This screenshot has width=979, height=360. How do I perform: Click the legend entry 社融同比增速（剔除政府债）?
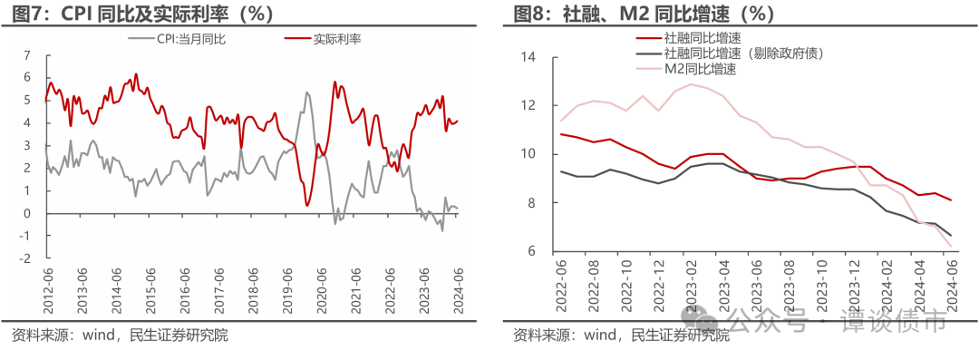pos(743,54)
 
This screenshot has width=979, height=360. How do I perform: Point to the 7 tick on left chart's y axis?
pos(27,55)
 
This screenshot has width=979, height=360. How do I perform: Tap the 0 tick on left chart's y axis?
pos(27,213)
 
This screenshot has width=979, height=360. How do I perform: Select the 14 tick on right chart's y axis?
pos(529,58)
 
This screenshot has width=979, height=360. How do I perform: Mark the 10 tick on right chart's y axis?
pos(529,154)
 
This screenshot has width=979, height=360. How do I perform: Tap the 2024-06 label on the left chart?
pos(459,288)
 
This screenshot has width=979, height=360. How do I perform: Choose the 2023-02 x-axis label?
pos(692,288)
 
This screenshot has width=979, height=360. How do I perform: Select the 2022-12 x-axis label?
pos(658,288)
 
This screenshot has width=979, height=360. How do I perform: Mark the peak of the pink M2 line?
pos(691,84)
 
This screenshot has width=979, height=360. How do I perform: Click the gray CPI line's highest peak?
pos(306,92)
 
